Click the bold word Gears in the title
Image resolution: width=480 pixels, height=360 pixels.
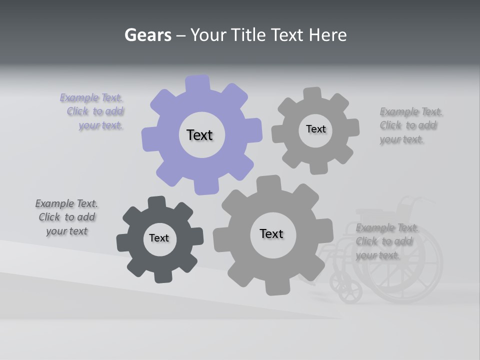(x=147, y=35)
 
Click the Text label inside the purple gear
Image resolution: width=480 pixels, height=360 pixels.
(x=199, y=135)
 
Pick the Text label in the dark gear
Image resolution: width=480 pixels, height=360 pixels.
(x=159, y=238)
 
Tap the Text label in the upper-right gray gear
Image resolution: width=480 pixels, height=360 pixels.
(x=315, y=129)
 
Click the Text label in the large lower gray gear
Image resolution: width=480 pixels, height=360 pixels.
(x=271, y=233)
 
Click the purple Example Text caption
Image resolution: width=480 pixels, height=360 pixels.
(x=93, y=111)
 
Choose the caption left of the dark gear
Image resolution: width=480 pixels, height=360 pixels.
(x=66, y=217)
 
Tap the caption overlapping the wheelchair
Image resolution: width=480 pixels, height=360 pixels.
(x=386, y=241)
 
